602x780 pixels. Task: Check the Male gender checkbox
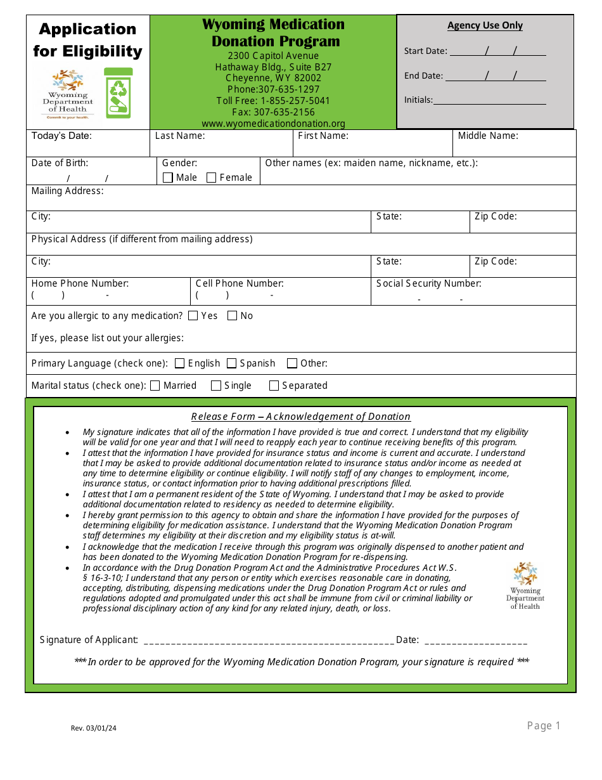(x=168, y=178)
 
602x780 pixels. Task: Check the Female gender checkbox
(x=212, y=178)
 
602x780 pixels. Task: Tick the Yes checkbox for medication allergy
(x=193, y=315)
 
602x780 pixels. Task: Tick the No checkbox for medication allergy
(x=233, y=315)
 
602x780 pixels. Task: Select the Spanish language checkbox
(x=232, y=363)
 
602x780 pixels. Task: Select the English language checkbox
(x=180, y=363)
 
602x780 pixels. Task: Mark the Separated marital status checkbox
(x=274, y=386)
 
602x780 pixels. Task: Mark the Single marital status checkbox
(x=216, y=386)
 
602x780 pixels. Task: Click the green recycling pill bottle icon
(x=118, y=93)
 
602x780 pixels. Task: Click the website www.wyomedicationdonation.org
(x=273, y=124)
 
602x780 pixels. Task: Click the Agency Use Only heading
(x=485, y=25)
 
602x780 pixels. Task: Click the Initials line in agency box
(x=489, y=100)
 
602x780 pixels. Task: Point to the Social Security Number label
(x=429, y=283)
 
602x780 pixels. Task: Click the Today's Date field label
(x=61, y=136)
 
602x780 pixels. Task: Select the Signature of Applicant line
(x=269, y=640)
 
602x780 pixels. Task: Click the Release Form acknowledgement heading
(x=301, y=417)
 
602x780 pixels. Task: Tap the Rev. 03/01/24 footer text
(x=94, y=728)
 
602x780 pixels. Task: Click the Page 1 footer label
(x=544, y=725)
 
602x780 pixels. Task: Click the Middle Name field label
(x=488, y=136)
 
